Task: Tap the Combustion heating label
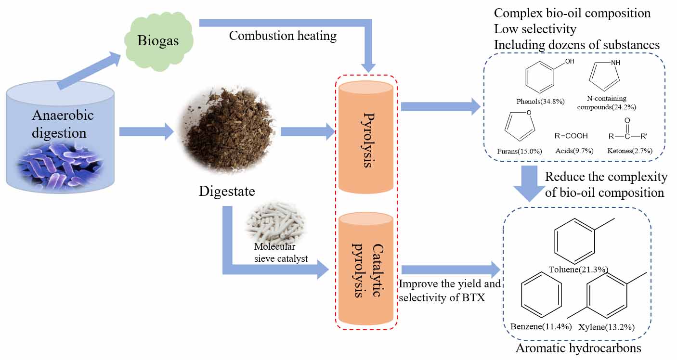pos(283,36)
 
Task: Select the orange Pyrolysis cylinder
pos(365,137)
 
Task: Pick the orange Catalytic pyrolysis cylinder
pos(365,270)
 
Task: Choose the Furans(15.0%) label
pos(519,151)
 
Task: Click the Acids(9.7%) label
pos(573,151)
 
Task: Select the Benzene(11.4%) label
pos(541,327)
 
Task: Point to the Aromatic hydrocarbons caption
pos(579,348)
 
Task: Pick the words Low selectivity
pos(535,29)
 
